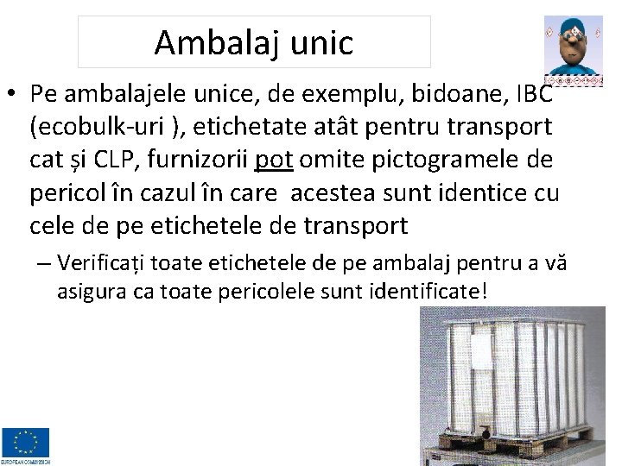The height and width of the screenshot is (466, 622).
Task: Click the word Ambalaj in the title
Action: click(209, 42)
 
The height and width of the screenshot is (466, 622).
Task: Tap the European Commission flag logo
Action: click(26, 443)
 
